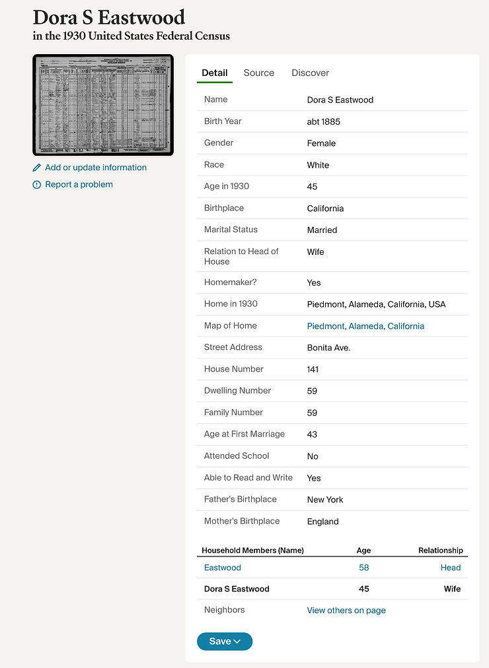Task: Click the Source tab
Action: (258, 73)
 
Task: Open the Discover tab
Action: (310, 73)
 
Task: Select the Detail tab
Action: (214, 73)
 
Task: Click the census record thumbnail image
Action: (103, 105)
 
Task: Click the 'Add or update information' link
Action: (95, 168)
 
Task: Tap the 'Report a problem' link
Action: (79, 185)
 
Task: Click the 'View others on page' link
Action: (346, 611)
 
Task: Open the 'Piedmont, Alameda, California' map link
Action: (365, 326)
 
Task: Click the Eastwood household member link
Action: (222, 568)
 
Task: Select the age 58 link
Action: (363, 568)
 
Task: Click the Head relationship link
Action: (451, 568)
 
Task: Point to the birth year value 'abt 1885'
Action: (324, 121)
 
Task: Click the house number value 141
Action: (313, 370)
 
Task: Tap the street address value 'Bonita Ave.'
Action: (328, 348)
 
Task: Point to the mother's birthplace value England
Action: (322, 521)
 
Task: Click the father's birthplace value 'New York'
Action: (325, 500)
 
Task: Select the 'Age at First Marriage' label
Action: (244, 434)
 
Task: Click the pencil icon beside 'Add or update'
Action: (37, 168)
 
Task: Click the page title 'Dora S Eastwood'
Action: (109, 17)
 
